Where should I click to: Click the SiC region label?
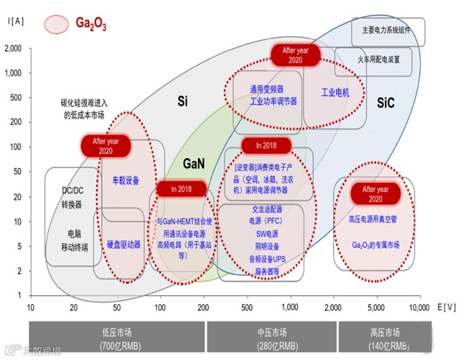click(386, 102)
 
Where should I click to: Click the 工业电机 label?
click(336, 93)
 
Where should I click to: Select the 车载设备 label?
click(126, 181)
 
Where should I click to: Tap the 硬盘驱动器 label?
click(124, 245)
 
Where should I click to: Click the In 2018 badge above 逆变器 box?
click(266, 146)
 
